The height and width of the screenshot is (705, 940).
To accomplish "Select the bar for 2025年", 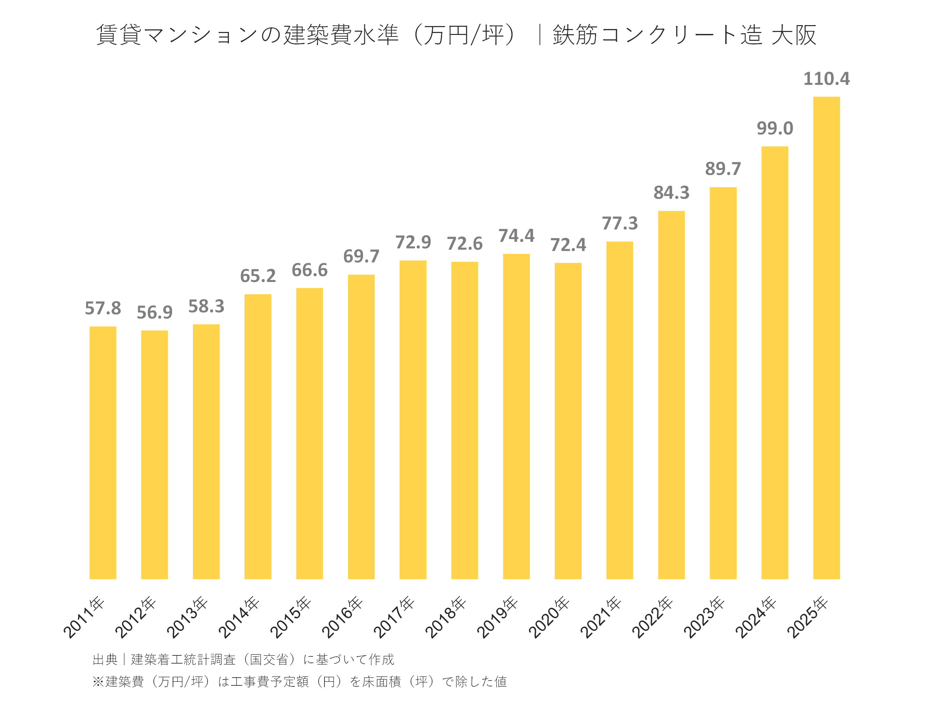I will pos(826,338).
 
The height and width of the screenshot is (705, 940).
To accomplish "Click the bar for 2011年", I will pos(103,453).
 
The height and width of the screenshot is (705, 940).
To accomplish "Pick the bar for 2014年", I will pos(258,436).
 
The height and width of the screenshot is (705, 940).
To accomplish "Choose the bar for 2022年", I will pos(671,395).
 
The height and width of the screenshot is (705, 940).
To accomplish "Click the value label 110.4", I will pos(826,79).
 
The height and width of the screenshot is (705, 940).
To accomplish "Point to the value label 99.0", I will pos(775,128).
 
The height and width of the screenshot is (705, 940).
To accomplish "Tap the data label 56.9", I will pos(154,313).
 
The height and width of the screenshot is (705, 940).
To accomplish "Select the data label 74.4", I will pos(516,236).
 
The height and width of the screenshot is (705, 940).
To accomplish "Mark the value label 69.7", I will pos(361,257).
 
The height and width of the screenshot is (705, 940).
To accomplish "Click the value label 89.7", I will pos(723,169).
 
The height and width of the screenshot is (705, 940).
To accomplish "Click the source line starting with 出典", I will pos(243,660).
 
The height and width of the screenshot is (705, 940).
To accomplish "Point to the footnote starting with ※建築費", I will pos(300,681).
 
